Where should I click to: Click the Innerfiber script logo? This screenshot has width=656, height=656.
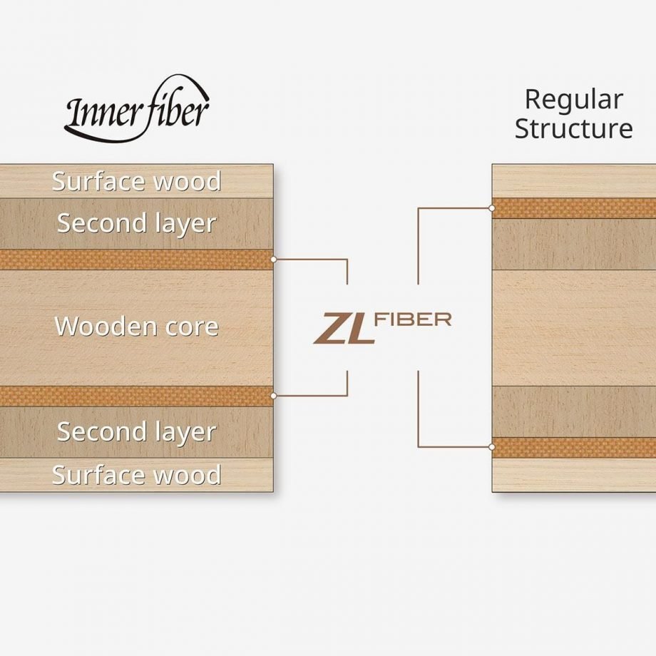[x=137, y=110]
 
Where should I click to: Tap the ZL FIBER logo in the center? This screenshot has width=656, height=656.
[x=382, y=329]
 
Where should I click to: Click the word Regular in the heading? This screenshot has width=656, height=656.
[x=573, y=100]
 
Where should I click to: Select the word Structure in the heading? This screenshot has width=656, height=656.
[x=573, y=128]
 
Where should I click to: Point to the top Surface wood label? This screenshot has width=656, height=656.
[x=136, y=181]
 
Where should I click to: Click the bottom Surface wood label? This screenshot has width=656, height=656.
[x=136, y=475]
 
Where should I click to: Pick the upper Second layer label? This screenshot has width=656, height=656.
[x=136, y=223]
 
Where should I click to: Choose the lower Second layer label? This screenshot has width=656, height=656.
[x=136, y=432]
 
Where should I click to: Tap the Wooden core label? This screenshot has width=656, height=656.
[x=136, y=326]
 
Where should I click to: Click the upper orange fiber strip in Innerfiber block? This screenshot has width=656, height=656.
[x=136, y=260]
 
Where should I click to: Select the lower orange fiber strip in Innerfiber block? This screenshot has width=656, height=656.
[x=136, y=396]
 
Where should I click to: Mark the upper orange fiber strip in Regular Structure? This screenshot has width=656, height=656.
[x=574, y=208]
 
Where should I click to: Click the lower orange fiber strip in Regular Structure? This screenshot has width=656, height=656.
[x=574, y=448]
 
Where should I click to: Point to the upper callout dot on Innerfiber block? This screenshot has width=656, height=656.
[x=274, y=260]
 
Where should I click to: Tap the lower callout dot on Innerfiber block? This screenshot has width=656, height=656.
[x=274, y=396]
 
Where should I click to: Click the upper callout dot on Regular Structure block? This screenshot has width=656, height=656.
[x=493, y=208]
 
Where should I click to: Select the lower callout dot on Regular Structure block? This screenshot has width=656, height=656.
[x=493, y=447]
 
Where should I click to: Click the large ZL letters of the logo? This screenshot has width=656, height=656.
[x=344, y=329]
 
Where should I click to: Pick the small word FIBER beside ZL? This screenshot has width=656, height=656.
[x=413, y=320]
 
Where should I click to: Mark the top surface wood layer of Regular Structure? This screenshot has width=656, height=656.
[x=574, y=181]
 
